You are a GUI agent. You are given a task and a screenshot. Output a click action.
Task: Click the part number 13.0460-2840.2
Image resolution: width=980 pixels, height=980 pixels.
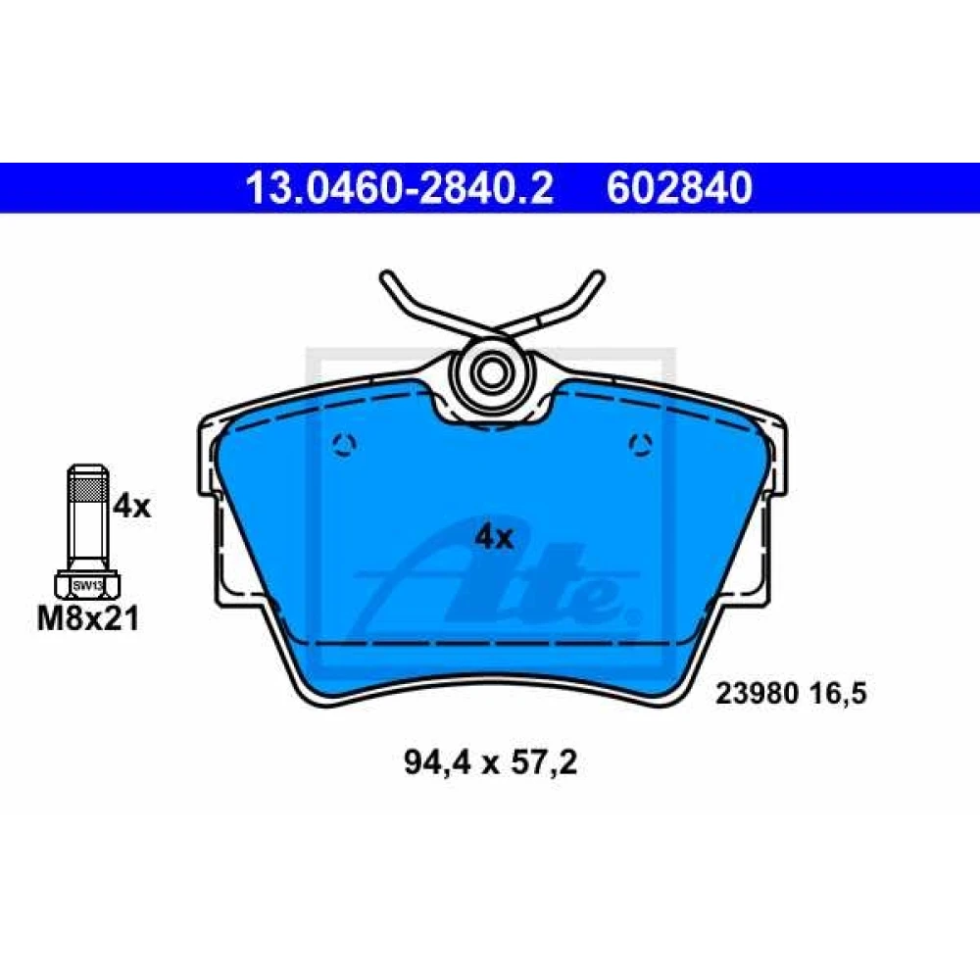point(400,187)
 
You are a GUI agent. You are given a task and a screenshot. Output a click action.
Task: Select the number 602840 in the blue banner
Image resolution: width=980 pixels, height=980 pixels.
point(679,187)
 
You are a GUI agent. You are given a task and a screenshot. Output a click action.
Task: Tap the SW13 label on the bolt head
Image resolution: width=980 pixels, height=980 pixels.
point(87,586)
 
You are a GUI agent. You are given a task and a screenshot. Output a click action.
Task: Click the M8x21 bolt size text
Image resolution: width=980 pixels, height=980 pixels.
point(88,619)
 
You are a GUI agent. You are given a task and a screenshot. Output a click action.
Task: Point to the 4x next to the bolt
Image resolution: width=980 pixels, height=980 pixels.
point(132,507)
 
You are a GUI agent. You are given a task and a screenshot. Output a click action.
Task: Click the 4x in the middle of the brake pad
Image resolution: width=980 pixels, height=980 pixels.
point(494,537)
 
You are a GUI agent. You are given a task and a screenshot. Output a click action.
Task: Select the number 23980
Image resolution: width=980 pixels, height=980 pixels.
point(758,694)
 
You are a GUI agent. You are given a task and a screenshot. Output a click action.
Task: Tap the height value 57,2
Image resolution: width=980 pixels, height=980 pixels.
point(544,763)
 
